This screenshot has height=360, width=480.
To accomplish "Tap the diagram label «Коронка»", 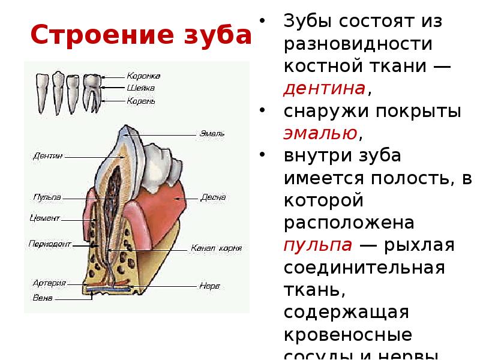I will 143,76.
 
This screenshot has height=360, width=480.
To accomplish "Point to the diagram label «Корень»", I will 141,101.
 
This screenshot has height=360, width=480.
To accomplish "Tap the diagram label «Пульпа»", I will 46,197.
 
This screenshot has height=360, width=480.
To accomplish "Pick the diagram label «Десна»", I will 213,197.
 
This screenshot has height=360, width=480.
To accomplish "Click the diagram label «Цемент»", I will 45,218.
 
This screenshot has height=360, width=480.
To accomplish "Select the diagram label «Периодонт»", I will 48,244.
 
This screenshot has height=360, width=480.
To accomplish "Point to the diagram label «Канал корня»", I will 215,247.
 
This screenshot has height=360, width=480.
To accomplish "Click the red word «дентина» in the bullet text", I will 324,89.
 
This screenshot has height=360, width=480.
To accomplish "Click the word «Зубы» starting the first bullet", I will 308,22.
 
